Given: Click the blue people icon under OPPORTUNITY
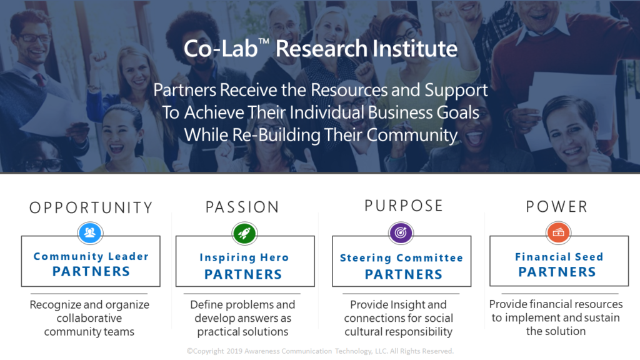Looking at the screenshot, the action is tap(90, 232).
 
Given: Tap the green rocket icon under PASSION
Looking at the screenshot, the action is tap(244, 234).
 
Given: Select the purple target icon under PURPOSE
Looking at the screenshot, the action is tap(401, 232).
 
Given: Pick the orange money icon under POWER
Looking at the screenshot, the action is tap(558, 232).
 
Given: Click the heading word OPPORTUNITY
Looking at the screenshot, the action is tap(91, 207).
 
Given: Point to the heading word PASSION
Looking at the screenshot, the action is tap(242, 207).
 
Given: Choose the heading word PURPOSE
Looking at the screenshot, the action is tap(404, 206).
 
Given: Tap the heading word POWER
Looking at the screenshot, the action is tap(557, 206).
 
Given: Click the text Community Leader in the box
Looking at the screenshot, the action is tap(91, 256).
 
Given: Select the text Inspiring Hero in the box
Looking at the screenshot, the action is tap(244, 257).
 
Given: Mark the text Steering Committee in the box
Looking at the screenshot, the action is tap(402, 258).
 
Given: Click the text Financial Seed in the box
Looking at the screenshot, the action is tap(559, 257).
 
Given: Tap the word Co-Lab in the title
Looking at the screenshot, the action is tap(221, 49).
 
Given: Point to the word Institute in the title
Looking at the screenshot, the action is tap(415, 49).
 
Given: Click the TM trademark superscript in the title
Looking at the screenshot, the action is tap(264, 41).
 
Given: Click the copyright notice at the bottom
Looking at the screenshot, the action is tap(320, 351).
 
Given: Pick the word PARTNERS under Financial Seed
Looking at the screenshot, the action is tap(557, 272).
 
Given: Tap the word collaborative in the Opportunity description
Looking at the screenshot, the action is tap(89, 318).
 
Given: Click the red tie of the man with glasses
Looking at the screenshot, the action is tap(40, 80).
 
